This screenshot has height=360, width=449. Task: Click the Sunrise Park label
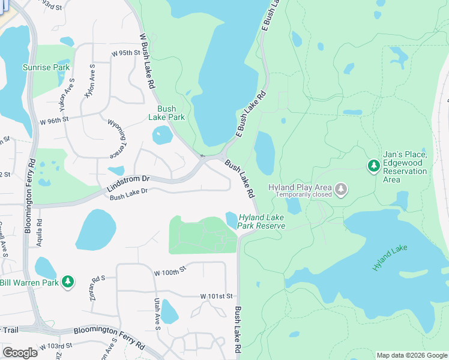pos(46,67)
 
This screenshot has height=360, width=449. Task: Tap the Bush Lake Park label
pos(167,113)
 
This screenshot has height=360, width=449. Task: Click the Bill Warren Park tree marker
pos(68,281)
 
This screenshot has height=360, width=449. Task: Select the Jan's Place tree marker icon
pos(374,164)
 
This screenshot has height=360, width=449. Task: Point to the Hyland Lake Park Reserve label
pos(261,221)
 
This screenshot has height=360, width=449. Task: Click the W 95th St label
pos(125,53)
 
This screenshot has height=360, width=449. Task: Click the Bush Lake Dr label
pos(128,194)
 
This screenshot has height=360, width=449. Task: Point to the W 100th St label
pos(167,272)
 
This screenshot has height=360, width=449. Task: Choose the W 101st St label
pos(216,296)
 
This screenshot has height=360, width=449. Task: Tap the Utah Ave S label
pos(157,314)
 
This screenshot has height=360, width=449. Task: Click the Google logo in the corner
pos(20,352)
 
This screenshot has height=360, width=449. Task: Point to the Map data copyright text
pos(411,355)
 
